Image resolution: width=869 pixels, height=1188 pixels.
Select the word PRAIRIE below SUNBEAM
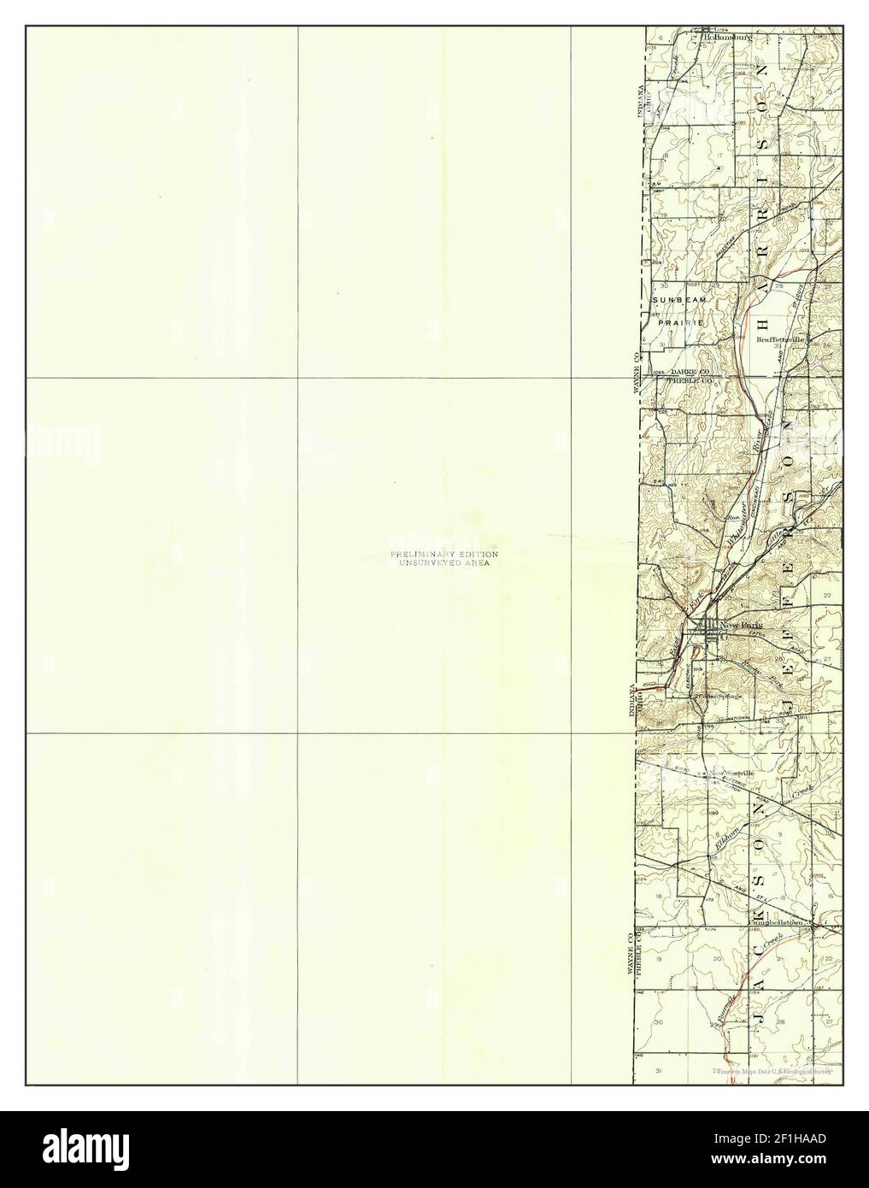(x=680, y=322)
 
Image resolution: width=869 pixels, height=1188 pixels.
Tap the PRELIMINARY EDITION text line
(x=444, y=555)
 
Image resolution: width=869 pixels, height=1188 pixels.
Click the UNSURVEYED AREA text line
(x=444, y=563)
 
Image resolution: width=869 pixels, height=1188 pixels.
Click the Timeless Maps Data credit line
(x=773, y=1070)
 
